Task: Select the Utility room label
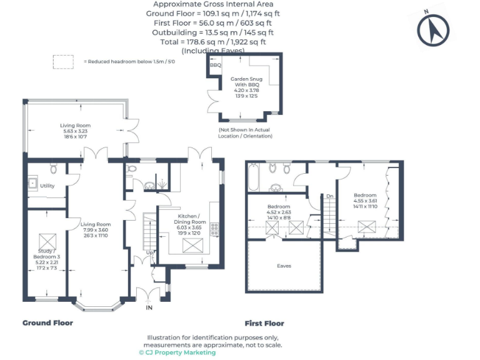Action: [47, 186]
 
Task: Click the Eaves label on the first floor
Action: [284, 266]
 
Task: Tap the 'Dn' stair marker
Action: [329, 196]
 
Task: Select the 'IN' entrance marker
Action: [149, 308]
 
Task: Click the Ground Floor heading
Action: [47, 323]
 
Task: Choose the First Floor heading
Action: [264, 324]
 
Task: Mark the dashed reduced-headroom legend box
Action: [62, 61]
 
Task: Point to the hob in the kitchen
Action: [215, 228]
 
